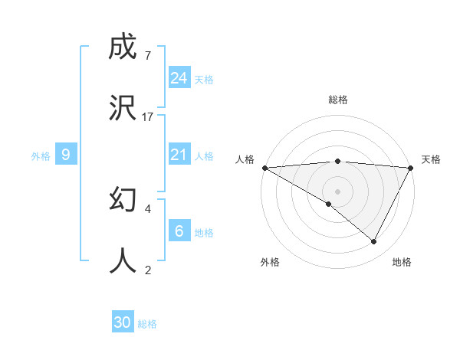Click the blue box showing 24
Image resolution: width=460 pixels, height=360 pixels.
[x=179, y=78]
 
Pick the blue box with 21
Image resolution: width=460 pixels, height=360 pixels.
[x=179, y=155]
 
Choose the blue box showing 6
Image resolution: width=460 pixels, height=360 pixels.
[x=179, y=231]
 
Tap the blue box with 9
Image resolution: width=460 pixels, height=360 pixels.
[x=66, y=155]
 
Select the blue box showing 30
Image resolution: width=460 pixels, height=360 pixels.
[x=123, y=322]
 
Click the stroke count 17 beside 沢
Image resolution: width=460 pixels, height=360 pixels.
[x=148, y=116]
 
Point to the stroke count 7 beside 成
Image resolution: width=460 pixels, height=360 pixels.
[x=147, y=55]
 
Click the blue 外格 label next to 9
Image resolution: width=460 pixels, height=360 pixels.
[x=41, y=155]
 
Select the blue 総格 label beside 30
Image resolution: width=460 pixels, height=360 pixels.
[x=147, y=324]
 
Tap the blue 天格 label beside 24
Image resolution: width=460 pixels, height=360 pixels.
[x=203, y=79]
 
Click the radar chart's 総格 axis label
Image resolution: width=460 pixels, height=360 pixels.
[x=338, y=100]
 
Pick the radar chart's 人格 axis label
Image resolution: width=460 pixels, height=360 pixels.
[x=245, y=159]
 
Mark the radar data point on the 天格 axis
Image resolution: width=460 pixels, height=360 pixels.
[x=411, y=168]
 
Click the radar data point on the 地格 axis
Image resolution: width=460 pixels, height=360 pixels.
[x=374, y=242]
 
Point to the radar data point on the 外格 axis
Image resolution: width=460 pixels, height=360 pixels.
[x=329, y=204]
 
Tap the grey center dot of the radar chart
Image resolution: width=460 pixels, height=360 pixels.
[x=337, y=191]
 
